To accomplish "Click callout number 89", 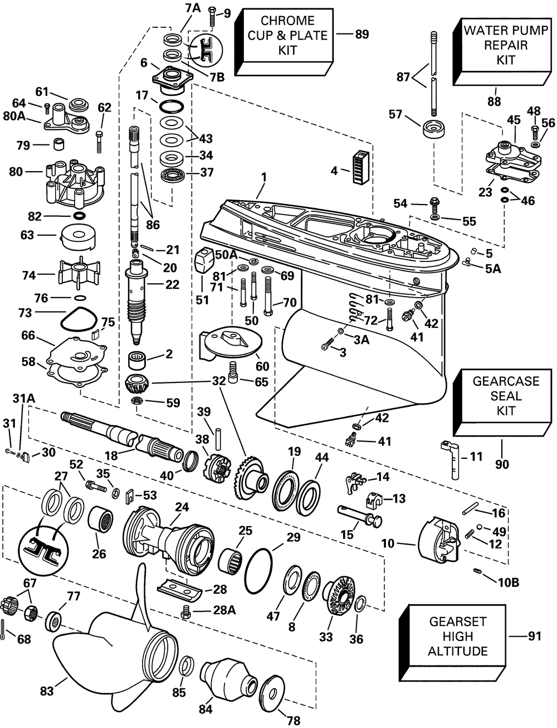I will tap(362, 35).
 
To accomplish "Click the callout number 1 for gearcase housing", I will tap(264, 177).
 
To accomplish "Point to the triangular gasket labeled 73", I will tap(78, 320).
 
